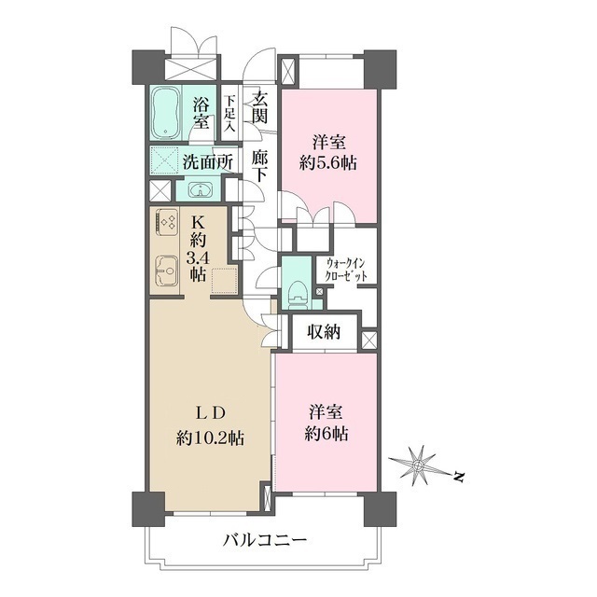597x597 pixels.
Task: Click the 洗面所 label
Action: click(206, 160)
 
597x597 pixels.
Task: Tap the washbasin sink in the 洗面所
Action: click(200, 191)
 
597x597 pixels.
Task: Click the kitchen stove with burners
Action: click(168, 224)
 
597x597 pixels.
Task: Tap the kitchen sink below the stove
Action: click(167, 271)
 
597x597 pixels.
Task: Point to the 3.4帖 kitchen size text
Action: click(199, 265)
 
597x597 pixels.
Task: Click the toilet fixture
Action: click(296, 294)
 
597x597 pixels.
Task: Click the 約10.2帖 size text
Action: click(209, 437)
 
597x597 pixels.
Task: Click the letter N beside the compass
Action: click(459, 479)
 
